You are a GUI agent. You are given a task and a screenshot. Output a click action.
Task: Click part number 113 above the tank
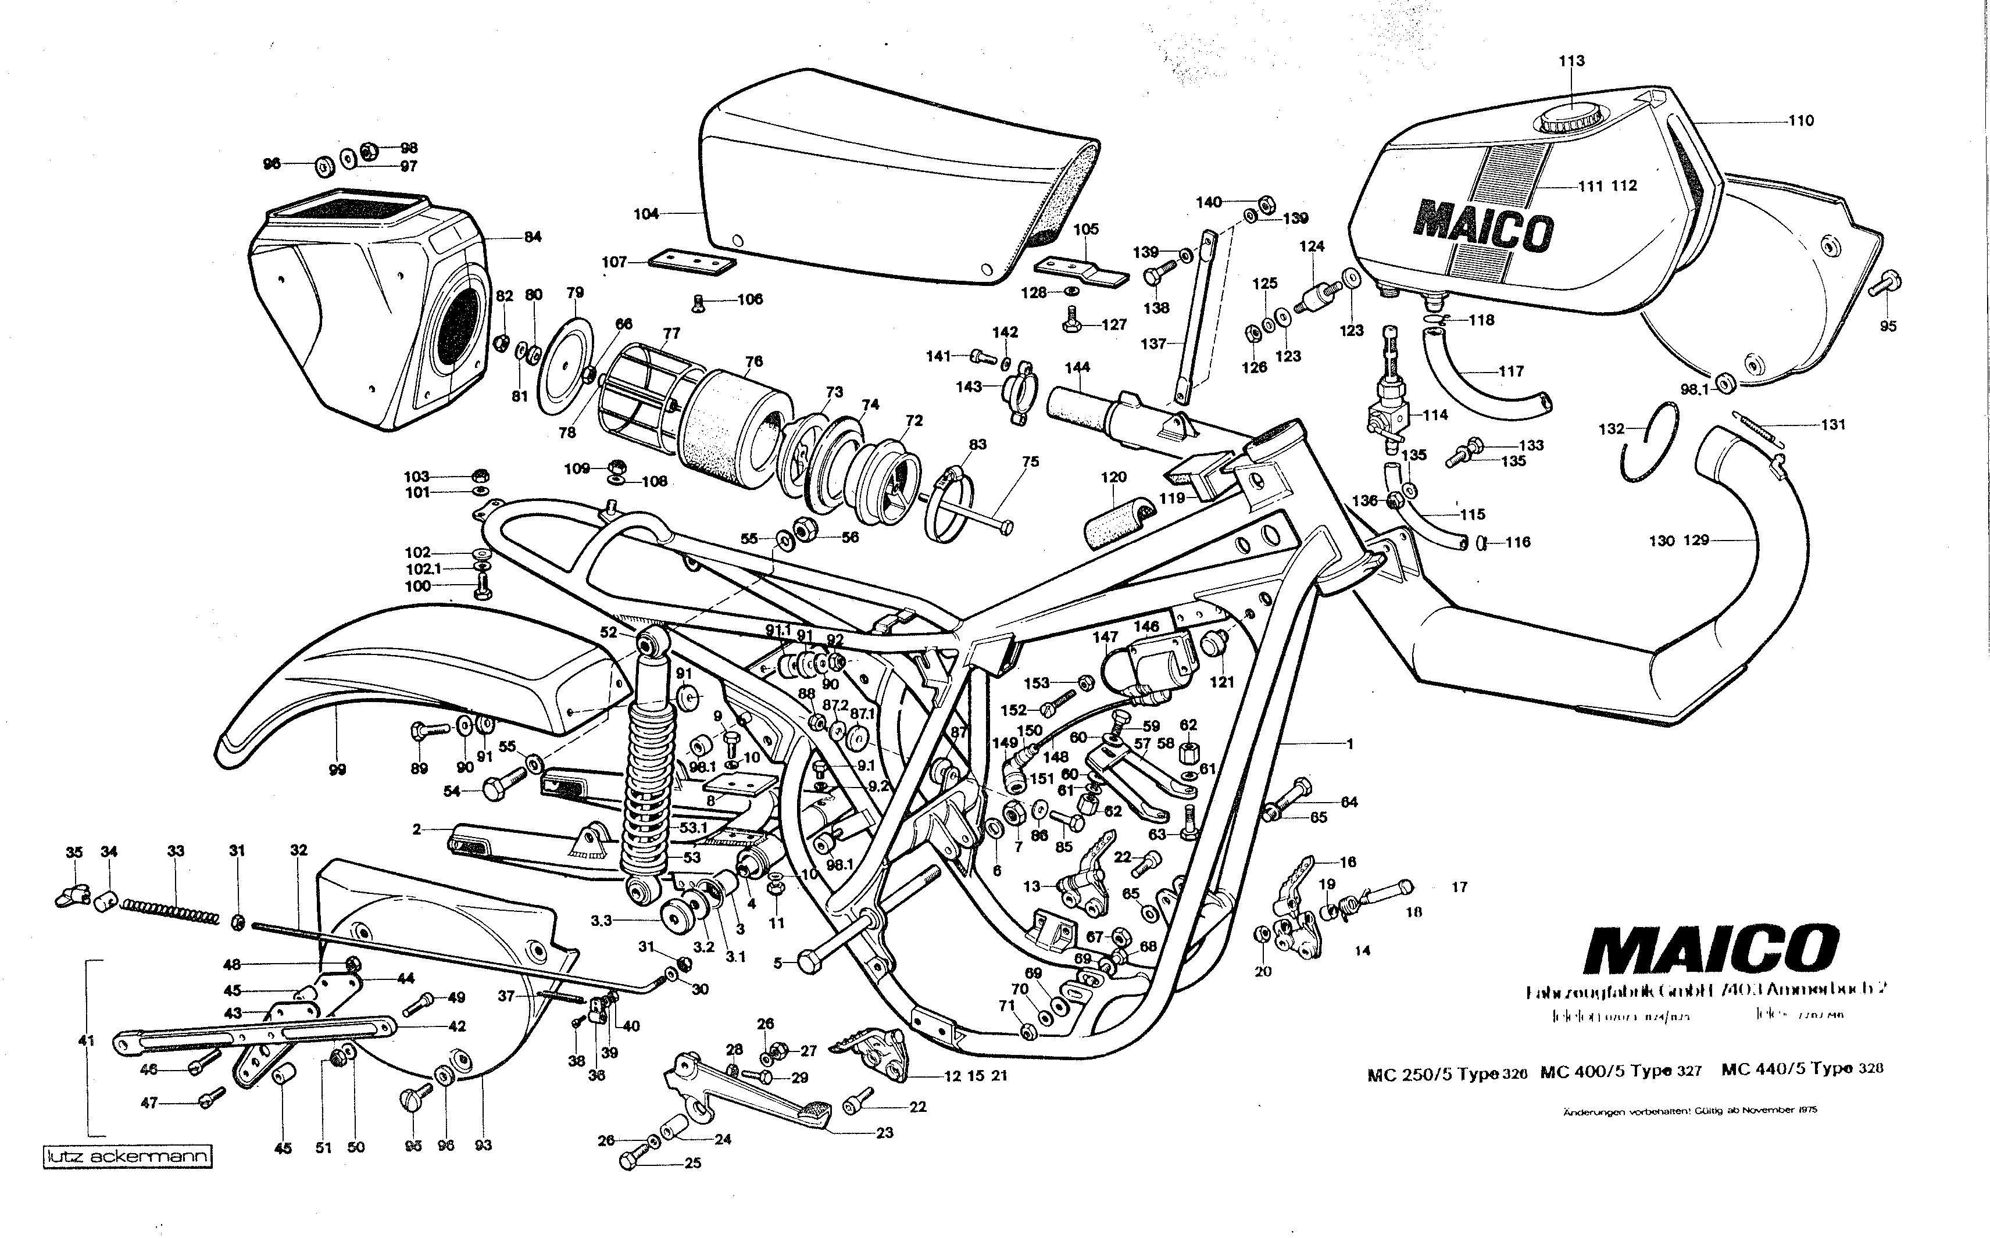1571,60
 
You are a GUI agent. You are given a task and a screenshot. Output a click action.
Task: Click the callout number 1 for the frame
1349,745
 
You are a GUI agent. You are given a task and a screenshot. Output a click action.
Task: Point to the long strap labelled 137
1196,319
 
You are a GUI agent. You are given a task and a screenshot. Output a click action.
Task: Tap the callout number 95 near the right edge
1888,326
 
